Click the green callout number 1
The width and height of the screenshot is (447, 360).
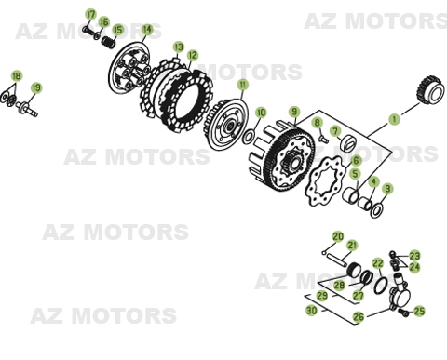click(394, 119)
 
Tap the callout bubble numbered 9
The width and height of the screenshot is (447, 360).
click(294, 112)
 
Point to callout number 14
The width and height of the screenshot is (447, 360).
click(147, 30)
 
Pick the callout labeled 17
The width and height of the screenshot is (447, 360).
click(90, 14)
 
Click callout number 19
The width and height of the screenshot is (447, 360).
click(36, 88)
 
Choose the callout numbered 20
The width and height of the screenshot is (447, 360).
click(338, 237)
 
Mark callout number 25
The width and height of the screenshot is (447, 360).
click(419, 312)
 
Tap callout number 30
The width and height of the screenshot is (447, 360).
click(311, 311)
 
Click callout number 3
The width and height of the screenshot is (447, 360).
click(387, 189)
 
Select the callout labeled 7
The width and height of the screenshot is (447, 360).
click(335, 131)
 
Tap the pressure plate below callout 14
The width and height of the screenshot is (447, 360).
click(131, 69)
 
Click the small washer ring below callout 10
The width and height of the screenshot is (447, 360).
click(249, 137)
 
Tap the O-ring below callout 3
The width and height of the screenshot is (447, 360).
click(376, 210)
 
